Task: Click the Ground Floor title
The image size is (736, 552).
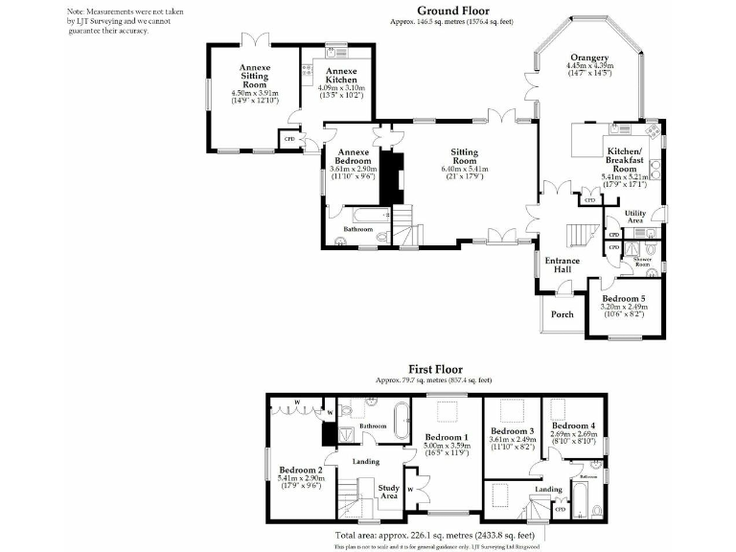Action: coord(453,11)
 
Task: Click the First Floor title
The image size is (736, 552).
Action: coord(435,369)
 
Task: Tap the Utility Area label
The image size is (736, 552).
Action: coord(634,217)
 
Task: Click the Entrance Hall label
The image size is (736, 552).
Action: coord(563,265)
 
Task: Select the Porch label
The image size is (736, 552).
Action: coord(562,313)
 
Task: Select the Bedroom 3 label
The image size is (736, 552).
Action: coord(510,431)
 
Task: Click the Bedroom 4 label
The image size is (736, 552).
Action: coord(573,425)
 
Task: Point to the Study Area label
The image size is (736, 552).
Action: coord(388,492)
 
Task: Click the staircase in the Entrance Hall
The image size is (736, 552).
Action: coord(579,235)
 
